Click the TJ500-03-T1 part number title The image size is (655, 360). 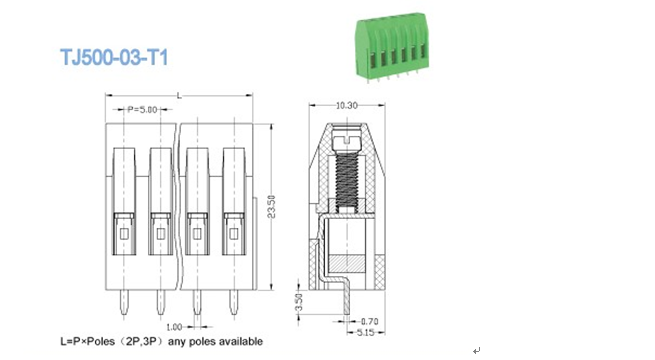coord(114,57)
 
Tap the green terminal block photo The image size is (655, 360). coord(391,47)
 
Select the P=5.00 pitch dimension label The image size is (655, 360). coord(142,110)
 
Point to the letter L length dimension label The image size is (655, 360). coord(179,96)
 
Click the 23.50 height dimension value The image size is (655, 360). coord(272,206)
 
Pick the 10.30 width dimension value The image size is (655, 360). coord(347,106)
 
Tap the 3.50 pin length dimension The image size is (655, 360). coord(299,302)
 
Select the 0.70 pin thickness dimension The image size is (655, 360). coord(369,322)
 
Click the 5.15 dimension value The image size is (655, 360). coord(365,333)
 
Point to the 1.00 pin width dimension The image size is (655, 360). coord(174,327)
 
